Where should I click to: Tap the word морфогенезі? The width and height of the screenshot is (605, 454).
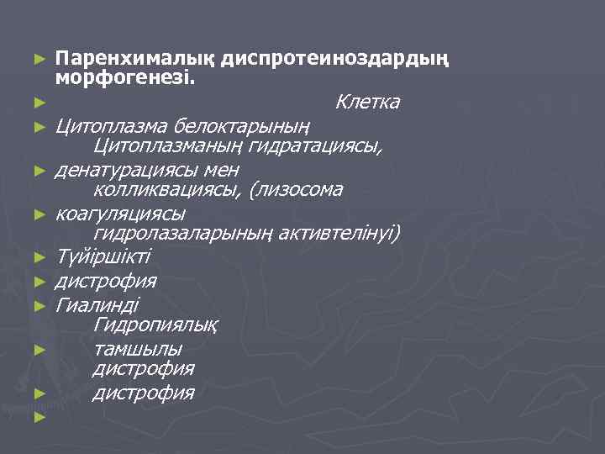[124, 80]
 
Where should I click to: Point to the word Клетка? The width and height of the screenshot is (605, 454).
[367, 103]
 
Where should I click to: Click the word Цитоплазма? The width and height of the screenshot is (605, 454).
[111, 126]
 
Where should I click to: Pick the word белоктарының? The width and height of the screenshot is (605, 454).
[243, 126]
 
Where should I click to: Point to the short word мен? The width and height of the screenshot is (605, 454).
[222, 170]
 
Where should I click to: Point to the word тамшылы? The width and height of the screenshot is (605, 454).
[139, 347]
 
